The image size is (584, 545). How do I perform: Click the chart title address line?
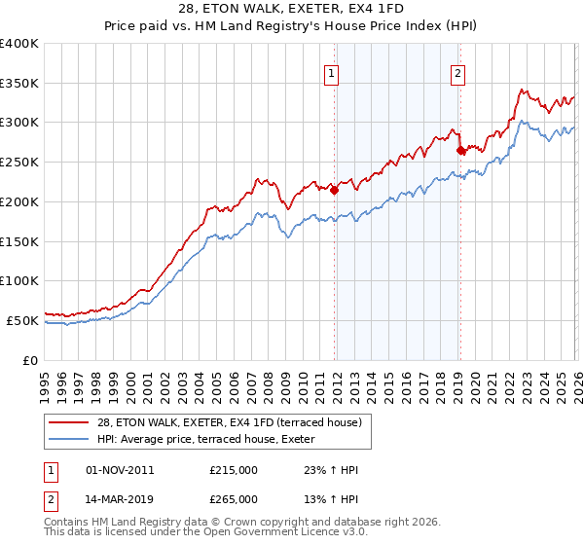coord(292,10)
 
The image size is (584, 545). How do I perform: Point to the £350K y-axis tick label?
coord(19,84)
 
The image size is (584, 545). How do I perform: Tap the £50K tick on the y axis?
coord(23,320)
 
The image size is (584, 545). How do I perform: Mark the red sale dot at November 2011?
coord(334,191)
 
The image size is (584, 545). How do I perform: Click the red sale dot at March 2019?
coord(460,151)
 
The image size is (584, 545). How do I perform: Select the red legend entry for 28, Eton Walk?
coord(229,422)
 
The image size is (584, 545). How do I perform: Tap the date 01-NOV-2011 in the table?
coord(120,470)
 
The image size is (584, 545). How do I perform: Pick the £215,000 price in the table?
coord(234,470)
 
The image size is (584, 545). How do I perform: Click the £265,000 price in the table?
coord(234,498)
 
